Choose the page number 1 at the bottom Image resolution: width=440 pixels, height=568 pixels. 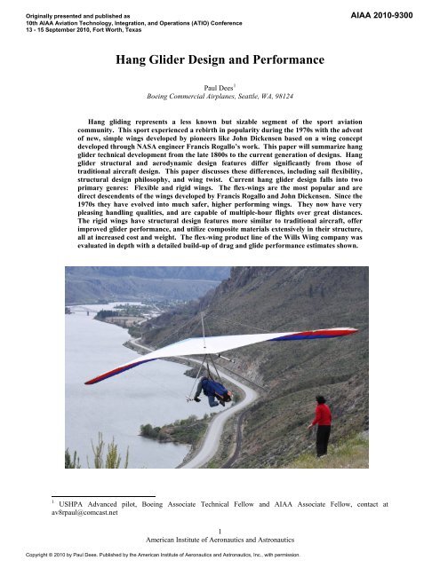pos(220,531)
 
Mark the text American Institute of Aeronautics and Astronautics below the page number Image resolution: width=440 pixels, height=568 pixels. pos(220,540)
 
